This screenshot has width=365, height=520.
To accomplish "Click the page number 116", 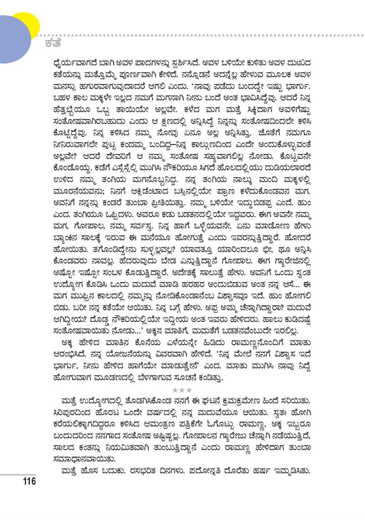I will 29,481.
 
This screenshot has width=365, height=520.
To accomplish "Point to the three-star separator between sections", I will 182,390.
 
